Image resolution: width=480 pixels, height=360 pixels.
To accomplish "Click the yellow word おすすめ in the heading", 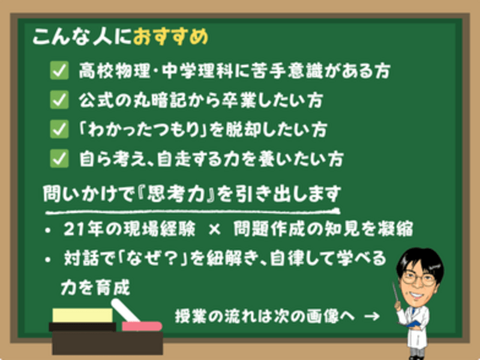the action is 171,37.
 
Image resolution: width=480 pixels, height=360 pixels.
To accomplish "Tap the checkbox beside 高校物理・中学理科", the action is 59,70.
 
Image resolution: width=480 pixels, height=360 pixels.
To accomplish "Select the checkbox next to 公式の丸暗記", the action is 59,100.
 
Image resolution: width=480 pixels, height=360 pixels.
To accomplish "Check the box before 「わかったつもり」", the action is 59,129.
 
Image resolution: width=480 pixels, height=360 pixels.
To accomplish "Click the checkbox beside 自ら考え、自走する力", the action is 59,158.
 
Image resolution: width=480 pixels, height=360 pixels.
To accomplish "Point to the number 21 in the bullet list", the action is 73,229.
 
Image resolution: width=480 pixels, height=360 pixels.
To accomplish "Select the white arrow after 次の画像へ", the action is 372,316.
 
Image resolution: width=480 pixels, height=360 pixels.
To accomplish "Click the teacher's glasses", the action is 419,278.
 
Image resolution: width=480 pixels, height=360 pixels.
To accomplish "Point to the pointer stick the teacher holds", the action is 395,292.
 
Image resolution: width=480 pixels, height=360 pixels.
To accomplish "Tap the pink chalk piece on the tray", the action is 142,326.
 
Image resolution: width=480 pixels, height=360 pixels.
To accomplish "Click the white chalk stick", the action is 125,310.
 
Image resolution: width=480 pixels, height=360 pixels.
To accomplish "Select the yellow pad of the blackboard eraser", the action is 83,316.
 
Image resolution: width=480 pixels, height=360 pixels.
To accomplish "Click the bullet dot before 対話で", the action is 47,260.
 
